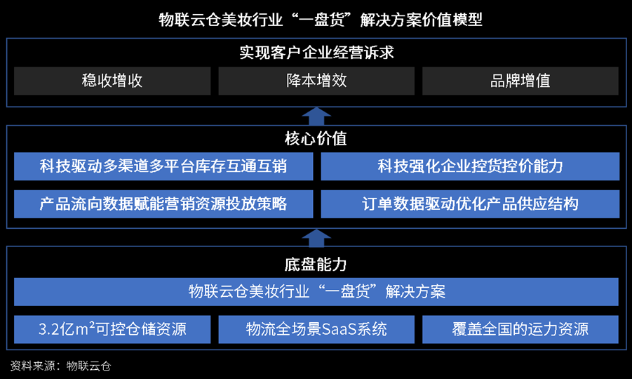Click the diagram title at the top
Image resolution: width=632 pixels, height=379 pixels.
(321, 20)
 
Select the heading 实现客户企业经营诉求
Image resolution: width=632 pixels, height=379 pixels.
(316, 53)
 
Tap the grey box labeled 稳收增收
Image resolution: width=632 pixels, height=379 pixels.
(112, 81)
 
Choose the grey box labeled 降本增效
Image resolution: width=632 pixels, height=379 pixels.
(316, 81)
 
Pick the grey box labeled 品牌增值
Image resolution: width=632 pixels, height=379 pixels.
(520, 81)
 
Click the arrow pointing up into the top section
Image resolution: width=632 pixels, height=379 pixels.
(316, 116)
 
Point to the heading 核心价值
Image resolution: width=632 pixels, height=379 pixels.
(316, 139)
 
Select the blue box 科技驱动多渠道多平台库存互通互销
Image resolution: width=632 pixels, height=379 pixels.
(163, 166)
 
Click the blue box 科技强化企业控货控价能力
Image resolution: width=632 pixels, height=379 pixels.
(470, 166)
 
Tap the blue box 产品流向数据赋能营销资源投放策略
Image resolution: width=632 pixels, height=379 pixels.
(163, 204)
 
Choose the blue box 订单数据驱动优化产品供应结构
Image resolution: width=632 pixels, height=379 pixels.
(470, 204)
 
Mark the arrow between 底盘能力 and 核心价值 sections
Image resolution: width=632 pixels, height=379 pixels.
(316, 239)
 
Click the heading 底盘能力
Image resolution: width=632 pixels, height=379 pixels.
(316, 265)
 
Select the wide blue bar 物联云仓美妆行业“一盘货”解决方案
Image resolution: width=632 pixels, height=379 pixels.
(316, 291)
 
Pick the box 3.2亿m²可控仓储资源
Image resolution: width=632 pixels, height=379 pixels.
(112, 329)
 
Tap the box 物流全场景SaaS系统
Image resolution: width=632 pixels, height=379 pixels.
(316, 329)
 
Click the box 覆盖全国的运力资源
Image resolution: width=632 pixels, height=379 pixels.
(520, 329)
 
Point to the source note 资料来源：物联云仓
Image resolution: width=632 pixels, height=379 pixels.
(60, 366)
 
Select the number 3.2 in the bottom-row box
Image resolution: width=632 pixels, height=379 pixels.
(49, 330)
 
